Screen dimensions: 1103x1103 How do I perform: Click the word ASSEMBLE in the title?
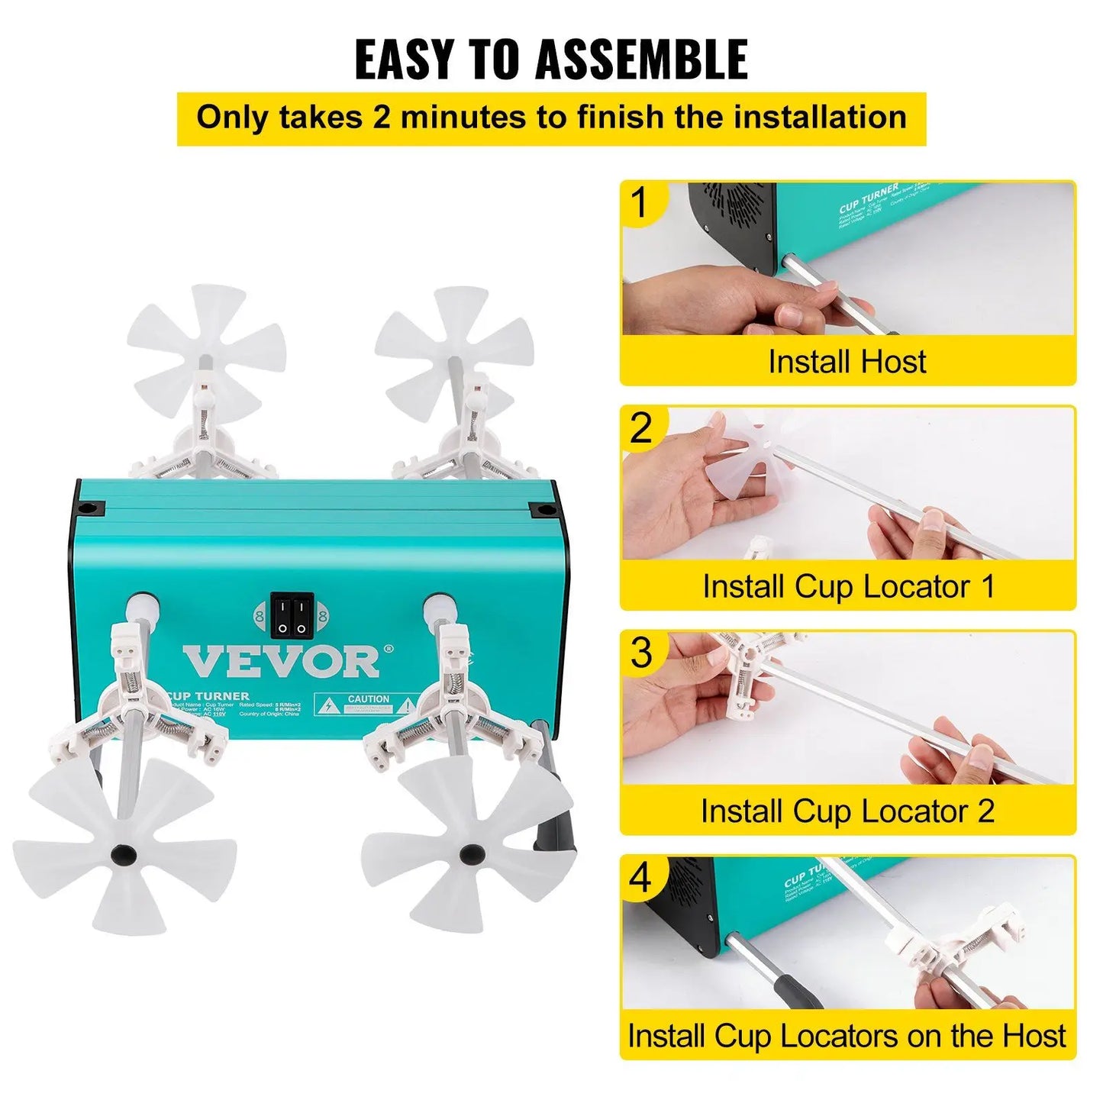[x=641, y=60]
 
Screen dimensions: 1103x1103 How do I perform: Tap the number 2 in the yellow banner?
[x=381, y=118]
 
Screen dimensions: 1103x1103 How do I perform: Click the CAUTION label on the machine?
[x=369, y=699]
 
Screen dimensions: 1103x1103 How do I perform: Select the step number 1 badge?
[x=640, y=203]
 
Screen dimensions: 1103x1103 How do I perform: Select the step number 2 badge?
[x=641, y=428]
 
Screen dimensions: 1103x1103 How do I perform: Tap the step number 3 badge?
[x=642, y=653]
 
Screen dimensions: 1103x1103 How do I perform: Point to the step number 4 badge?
[x=640, y=878]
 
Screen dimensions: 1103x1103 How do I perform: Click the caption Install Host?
[x=847, y=361]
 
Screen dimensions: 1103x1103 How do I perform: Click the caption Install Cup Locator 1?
[x=848, y=586]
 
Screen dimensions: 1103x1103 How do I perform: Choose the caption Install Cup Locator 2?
[x=847, y=811]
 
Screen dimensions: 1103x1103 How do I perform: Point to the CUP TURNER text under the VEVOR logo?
[x=208, y=696]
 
